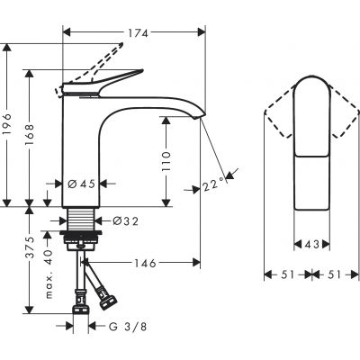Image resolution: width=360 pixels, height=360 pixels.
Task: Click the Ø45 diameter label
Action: [82, 184]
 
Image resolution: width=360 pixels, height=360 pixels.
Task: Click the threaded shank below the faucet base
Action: [83, 220]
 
